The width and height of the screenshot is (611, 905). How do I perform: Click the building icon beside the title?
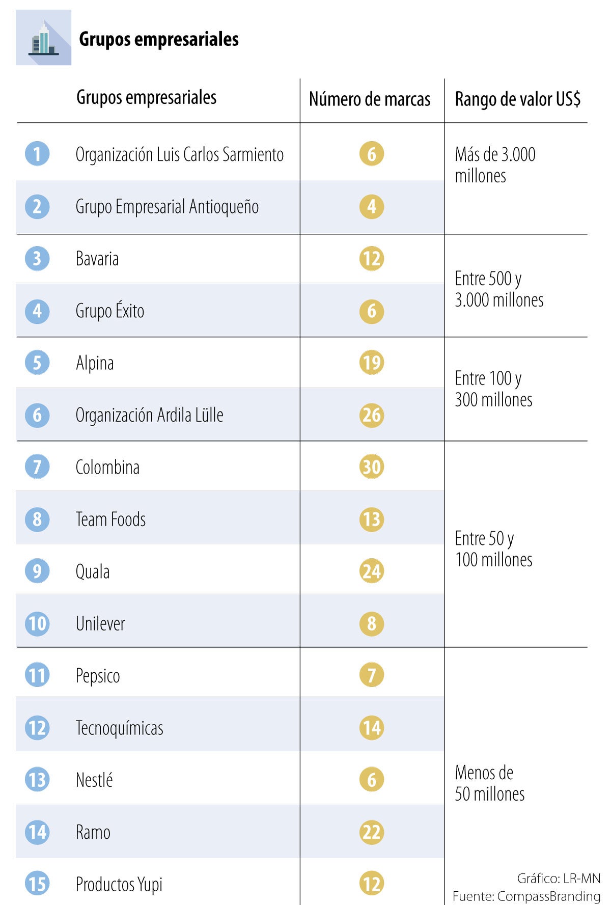tap(43, 38)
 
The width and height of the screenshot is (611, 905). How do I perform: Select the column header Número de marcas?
tap(370, 99)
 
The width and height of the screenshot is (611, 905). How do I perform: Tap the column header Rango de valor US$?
tap(517, 99)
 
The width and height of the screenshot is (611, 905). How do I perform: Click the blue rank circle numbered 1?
tap(37, 154)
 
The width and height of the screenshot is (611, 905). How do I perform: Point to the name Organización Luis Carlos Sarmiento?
tap(179, 154)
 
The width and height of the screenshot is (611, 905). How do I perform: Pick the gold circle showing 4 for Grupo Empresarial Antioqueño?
tap(372, 206)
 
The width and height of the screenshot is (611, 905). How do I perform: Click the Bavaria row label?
tap(97, 259)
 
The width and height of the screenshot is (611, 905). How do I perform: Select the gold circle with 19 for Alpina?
tap(372, 363)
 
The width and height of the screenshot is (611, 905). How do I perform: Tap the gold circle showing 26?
tap(372, 415)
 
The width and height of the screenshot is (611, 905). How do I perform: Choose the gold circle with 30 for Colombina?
tap(372, 467)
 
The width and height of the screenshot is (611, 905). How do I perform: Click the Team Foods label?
tap(110, 519)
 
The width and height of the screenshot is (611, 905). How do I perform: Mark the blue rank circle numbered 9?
tap(37, 571)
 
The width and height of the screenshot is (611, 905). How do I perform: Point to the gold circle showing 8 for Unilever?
tap(372, 623)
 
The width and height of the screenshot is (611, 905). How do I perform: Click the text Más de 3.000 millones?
tap(495, 165)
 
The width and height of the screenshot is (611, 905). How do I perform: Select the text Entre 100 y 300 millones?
tap(493, 389)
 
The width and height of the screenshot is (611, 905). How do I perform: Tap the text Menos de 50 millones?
tap(489, 783)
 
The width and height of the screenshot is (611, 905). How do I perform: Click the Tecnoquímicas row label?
tap(119, 728)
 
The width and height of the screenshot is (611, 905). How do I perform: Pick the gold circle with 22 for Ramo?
tap(372, 832)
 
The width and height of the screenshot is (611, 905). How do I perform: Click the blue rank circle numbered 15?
tap(37, 884)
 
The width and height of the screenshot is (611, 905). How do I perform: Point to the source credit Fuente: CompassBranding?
tap(526, 896)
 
